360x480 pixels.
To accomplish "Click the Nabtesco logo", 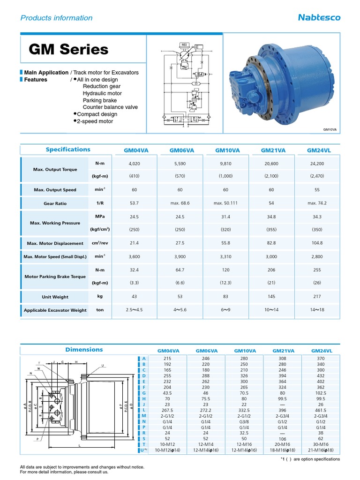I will coord(319,18).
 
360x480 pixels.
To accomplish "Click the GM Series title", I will coord(68,50).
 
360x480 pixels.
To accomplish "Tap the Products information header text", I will coord(56,18).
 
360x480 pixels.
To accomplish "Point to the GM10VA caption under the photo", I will coord(330,129).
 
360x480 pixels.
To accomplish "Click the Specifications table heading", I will coord(68,150).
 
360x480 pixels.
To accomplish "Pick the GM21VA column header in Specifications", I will coord(273,150).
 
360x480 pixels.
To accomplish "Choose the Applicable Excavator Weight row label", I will coord(55,310).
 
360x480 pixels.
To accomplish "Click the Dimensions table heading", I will coord(84,350).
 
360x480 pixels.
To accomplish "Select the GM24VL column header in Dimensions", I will coord(322,350).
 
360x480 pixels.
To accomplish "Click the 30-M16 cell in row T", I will coord(321,444).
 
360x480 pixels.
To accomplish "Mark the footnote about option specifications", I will coord(310,459).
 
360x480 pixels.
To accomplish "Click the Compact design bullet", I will coord(97,114).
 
